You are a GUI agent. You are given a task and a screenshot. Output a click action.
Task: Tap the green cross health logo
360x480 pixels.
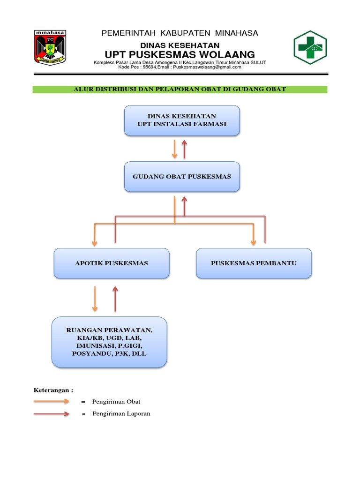point(310,47)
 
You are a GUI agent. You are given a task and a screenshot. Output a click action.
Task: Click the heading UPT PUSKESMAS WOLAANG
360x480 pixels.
point(180,54)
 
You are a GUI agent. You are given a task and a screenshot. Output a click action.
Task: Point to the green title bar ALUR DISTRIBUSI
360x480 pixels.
point(180,89)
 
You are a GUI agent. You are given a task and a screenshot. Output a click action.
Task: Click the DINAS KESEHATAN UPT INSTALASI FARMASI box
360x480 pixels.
point(182,120)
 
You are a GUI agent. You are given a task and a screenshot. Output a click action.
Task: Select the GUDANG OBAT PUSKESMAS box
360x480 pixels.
point(182,177)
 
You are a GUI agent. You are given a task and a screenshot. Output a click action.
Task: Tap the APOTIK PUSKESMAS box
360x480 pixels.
point(112,263)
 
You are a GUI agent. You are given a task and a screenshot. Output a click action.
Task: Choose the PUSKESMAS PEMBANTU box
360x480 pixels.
point(254,263)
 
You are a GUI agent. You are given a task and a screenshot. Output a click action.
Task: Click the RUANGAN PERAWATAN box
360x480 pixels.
point(109,342)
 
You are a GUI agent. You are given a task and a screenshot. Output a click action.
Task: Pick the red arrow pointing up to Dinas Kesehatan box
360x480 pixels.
point(184,148)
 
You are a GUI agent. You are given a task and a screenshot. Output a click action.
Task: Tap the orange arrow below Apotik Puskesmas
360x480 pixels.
point(95,299)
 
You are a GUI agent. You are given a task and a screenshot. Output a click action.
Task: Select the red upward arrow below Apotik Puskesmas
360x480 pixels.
point(115,299)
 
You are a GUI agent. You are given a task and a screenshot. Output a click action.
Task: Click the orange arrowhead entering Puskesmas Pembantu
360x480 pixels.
point(254,241)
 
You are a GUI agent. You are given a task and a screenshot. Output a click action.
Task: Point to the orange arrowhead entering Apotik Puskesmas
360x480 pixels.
point(95,241)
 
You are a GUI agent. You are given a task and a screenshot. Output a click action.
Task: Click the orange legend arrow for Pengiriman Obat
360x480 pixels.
point(52,402)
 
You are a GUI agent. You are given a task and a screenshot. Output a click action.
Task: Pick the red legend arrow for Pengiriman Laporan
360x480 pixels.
point(52,414)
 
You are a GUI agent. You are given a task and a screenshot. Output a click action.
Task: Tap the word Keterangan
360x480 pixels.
point(53,390)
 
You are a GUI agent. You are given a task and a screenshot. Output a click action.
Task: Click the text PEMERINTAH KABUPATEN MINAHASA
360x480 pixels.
point(180,33)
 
